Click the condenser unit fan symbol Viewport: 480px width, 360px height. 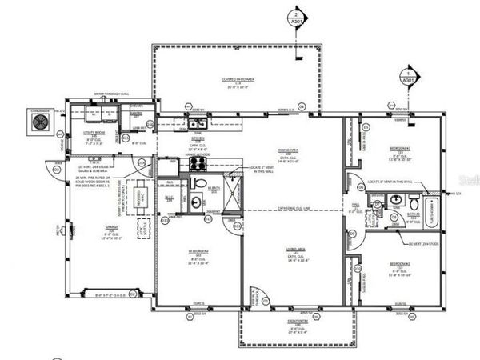[x=40, y=122]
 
